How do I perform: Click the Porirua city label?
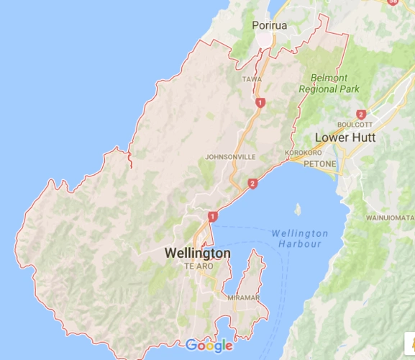point(270,26)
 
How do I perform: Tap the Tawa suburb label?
point(252,79)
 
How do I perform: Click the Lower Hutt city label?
point(345,138)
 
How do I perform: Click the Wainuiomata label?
point(390,217)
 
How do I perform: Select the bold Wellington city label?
point(198,253)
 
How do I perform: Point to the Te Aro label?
point(199,266)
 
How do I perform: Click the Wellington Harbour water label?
point(300,238)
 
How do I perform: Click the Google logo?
point(209,346)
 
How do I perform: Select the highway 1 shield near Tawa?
point(259,103)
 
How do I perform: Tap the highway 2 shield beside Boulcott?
point(361,114)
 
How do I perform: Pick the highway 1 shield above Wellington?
point(212,215)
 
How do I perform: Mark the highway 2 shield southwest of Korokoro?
point(252,184)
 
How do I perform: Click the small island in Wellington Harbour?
point(297,209)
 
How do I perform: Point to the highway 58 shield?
point(392,2)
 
